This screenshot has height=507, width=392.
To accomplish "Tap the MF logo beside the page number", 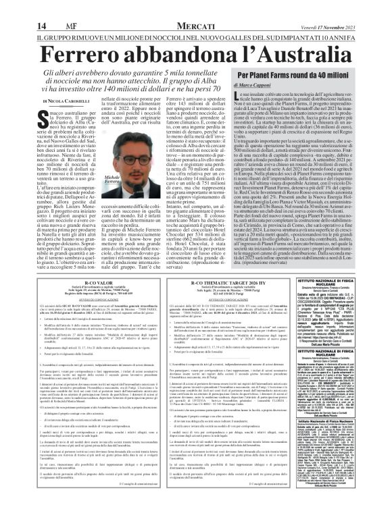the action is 33,8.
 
